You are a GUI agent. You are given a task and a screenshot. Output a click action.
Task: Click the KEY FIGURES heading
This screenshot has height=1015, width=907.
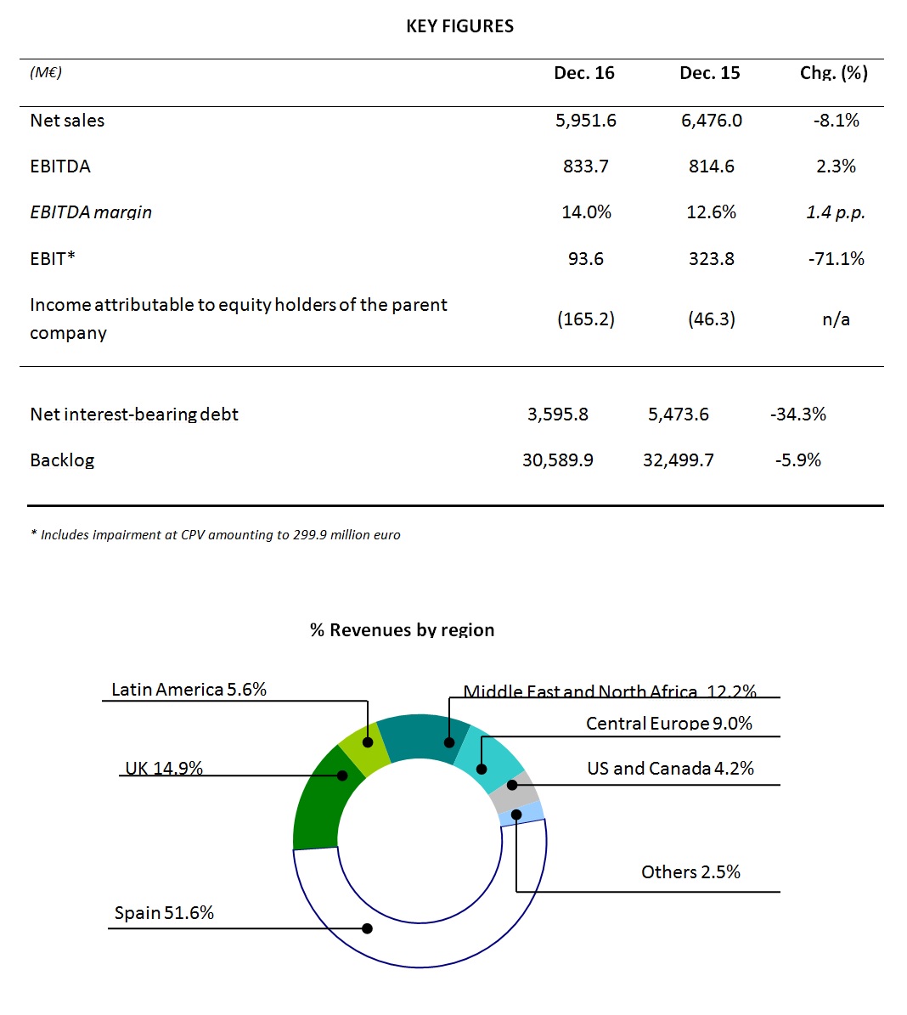[459, 26]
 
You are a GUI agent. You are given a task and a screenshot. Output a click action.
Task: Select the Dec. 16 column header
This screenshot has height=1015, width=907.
[584, 73]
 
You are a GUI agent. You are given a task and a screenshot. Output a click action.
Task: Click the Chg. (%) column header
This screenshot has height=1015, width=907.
[834, 73]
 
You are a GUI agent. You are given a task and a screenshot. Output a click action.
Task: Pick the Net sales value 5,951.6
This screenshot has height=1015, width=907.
[586, 121]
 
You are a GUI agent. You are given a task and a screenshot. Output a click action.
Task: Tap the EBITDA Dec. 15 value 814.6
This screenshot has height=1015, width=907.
[712, 166]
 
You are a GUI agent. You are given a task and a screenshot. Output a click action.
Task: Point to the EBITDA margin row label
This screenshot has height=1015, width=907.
[91, 212]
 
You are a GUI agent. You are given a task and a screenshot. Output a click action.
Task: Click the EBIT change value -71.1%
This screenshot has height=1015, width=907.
[836, 259]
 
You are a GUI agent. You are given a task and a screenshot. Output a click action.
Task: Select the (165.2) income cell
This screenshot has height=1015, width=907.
[586, 319]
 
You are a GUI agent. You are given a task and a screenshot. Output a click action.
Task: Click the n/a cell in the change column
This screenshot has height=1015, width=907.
[836, 319]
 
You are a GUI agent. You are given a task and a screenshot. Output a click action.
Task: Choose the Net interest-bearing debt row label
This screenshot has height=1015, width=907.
[134, 414]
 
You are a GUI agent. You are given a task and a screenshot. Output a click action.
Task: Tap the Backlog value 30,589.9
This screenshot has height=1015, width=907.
[557, 460]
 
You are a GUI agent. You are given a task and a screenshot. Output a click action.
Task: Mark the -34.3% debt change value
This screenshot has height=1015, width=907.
[797, 414]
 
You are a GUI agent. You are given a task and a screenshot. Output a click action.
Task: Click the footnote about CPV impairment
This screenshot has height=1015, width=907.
[216, 535]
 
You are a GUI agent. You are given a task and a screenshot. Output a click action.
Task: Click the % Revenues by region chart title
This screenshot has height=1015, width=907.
[402, 630]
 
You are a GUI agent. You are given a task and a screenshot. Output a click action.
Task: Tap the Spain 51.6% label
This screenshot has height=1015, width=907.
[164, 913]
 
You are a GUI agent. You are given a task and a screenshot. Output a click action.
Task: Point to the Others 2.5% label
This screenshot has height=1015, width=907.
[690, 872]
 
